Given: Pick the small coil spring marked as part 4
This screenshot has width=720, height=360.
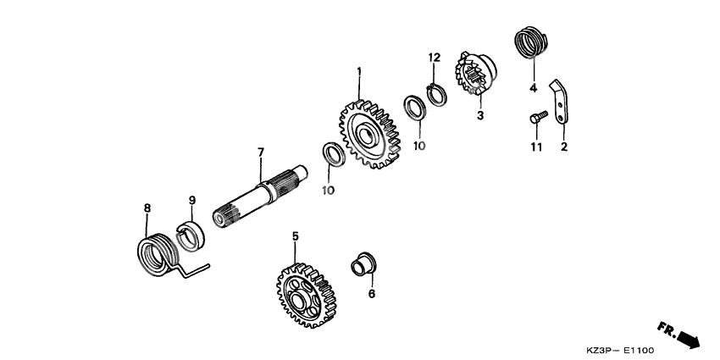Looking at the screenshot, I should pos(530,44).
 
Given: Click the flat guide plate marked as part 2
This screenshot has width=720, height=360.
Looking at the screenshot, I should pos(560,107).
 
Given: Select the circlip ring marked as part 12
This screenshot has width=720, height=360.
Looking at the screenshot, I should pos(435,91).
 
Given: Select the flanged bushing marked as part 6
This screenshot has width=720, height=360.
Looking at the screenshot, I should pos(364,263).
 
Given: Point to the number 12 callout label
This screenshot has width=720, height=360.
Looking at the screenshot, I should pos(434,58).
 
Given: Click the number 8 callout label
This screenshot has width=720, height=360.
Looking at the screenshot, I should pos(147,208).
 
